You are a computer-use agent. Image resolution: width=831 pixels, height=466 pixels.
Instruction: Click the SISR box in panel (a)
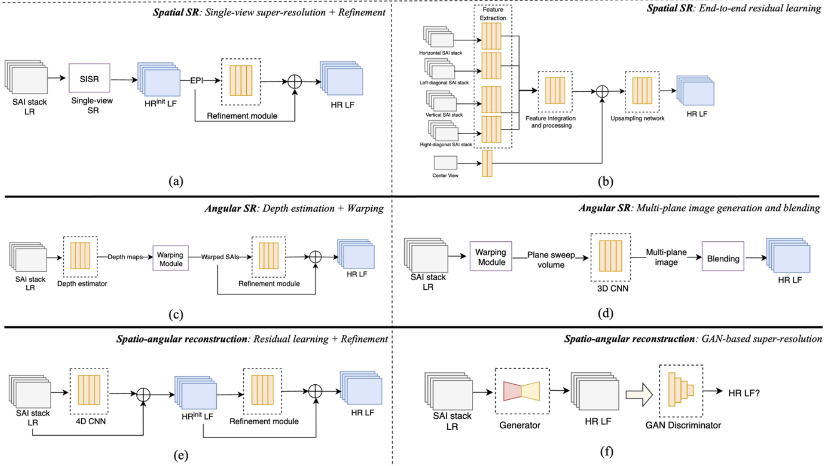coord(89,78)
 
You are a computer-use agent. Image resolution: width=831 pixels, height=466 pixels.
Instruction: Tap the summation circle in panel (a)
coord(295,82)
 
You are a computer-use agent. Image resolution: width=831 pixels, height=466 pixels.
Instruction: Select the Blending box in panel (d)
coord(723,258)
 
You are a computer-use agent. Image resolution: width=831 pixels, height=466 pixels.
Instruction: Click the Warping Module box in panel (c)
coord(170,258)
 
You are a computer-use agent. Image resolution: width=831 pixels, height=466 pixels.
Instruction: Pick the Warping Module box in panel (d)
coord(491,257)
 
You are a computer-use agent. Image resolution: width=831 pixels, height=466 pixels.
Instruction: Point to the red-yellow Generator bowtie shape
coord(521,391)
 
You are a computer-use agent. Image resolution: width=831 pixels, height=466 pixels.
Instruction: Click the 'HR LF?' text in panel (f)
coord(744,393)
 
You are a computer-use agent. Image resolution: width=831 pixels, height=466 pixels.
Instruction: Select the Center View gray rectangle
coord(445,163)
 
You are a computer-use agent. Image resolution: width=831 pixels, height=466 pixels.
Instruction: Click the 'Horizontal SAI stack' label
coord(441,53)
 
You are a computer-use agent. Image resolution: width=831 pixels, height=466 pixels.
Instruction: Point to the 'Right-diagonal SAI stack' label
coord(446,145)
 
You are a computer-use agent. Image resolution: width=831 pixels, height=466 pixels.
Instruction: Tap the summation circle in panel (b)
coord(602,91)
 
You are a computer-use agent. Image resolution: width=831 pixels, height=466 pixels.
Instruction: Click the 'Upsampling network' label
coord(637,118)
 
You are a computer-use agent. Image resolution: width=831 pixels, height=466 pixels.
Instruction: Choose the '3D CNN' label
coord(612,288)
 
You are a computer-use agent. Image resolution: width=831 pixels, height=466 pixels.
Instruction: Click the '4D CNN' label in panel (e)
coord(90,421)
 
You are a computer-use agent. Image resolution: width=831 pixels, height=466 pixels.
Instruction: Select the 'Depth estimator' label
coord(82,284)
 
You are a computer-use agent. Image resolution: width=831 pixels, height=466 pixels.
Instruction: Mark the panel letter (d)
coord(605,313)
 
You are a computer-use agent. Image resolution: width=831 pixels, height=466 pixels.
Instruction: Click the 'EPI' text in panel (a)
coord(196,80)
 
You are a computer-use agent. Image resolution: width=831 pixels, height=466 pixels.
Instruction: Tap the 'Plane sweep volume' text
coord(551,260)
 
